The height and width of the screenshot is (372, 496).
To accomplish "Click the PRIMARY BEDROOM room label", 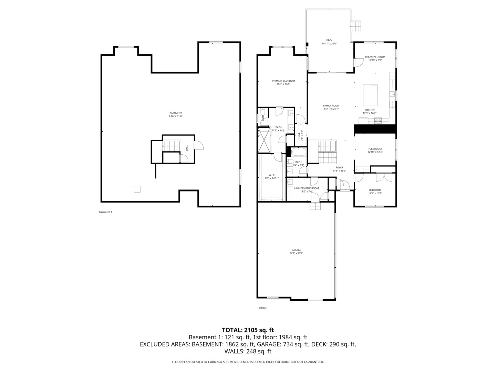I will [283, 81].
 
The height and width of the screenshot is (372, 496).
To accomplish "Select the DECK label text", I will [329, 40].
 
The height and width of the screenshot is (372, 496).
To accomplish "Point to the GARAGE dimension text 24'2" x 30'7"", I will [296, 254].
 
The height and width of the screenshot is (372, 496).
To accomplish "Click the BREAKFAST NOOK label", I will [375, 57].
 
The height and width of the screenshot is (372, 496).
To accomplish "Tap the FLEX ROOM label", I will [375, 149].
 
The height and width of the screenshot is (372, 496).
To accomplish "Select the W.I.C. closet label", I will [272, 175].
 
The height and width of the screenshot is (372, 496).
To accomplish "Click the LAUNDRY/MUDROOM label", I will [306, 188].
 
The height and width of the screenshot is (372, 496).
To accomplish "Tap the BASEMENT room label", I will [176, 113].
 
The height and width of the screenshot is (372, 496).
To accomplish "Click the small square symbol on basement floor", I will [137, 189].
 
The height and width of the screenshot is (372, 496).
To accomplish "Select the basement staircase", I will [171, 146].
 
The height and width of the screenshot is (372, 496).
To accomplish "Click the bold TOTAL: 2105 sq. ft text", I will [248, 330].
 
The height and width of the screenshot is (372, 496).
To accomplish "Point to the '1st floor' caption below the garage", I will [262, 308].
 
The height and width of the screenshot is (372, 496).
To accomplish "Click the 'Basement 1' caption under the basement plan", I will [105, 212].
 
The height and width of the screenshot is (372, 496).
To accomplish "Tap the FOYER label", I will [339, 168].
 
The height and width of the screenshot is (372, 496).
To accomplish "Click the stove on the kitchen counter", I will [378, 121].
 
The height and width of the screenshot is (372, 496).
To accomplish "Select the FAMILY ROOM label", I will [331, 106].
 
